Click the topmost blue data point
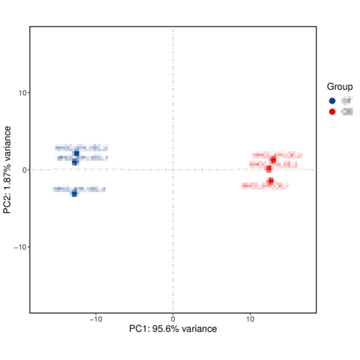click(x=76, y=153)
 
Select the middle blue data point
click(x=75, y=162)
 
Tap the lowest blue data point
click(x=74, y=193)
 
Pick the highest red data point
click(x=273, y=160)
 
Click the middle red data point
click(x=269, y=169)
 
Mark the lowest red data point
click(x=271, y=181)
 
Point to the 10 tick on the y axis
click(x=29, y=93)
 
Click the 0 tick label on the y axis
click(x=22, y=170)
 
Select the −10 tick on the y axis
click(x=29, y=247)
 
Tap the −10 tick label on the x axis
click(x=96, y=318)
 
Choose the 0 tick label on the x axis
click(x=173, y=318)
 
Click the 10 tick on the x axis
click(x=250, y=313)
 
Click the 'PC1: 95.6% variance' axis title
click(x=173, y=329)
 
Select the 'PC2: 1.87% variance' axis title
click(x=8, y=170)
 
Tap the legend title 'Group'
click(x=340, y=86)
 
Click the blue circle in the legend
click(x=332, y=101)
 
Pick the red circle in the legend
click(x=332, y=112)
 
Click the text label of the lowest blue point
click(x=79, y=189)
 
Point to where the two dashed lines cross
click(x=173, y=170)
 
